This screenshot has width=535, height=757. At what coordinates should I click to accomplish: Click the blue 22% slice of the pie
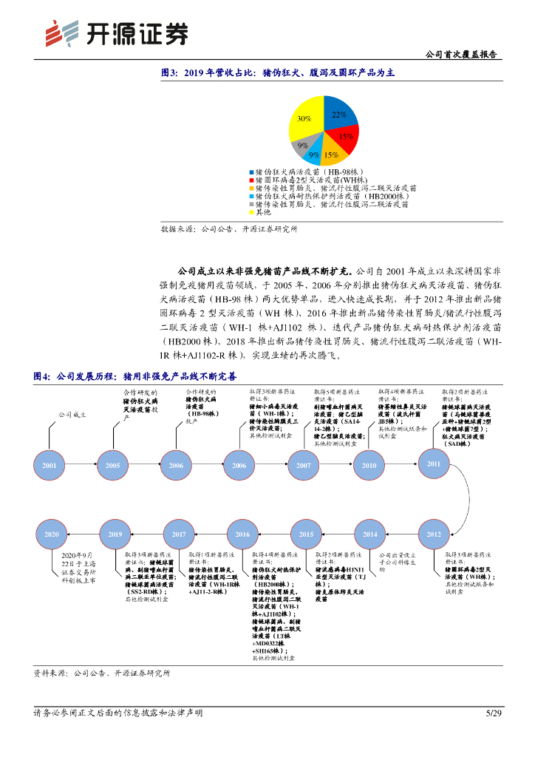point(338,115)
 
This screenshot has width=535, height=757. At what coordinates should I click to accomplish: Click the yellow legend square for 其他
point(253,211)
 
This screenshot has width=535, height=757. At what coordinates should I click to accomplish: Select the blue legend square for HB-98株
point(253,172)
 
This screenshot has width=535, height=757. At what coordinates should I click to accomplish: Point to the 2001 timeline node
point(50,466)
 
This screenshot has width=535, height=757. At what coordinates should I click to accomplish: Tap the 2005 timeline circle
point(113,466)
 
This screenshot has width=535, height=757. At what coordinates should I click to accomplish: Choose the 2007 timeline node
point(304,466)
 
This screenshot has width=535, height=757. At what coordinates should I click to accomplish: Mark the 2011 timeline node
point(434,464)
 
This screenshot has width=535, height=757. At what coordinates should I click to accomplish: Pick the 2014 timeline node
point(369,534)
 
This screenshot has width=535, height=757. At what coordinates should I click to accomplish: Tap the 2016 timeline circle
point(242,534)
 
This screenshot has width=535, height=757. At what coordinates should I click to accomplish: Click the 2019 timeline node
point(115,534)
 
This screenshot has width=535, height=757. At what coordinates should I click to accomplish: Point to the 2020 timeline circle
point(51,534)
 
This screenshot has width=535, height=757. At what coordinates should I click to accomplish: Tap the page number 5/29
point(493,713)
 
